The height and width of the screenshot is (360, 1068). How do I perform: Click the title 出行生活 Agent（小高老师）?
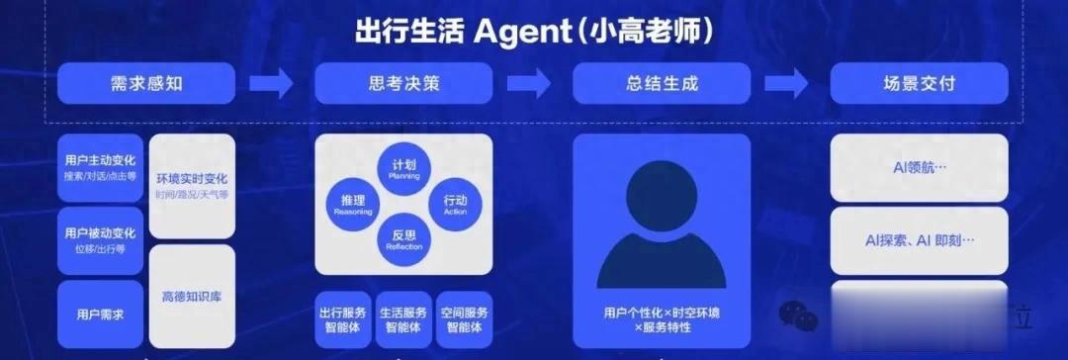click(534, 30)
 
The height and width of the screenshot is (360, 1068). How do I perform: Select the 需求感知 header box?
click(146, 83)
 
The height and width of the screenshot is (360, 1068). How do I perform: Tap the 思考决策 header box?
click(403, 83)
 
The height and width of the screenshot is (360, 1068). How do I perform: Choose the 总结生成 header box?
click(662, 83)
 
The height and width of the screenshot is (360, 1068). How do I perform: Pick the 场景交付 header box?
click(919, 83)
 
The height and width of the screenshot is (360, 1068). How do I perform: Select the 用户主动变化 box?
click(100, 166)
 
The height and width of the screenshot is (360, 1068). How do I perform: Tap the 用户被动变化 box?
click(100, 238)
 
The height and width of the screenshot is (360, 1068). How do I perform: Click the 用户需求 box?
click(100, 314)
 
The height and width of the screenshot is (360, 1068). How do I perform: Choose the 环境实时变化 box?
click(192, 185)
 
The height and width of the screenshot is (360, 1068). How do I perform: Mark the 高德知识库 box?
click(192, 296)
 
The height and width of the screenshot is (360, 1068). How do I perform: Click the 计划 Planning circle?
click(404, 168)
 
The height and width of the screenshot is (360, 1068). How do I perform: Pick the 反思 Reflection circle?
click(404, 238)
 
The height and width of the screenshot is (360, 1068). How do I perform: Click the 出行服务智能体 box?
click(343, 318)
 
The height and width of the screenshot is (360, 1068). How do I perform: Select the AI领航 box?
click(919, 168)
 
